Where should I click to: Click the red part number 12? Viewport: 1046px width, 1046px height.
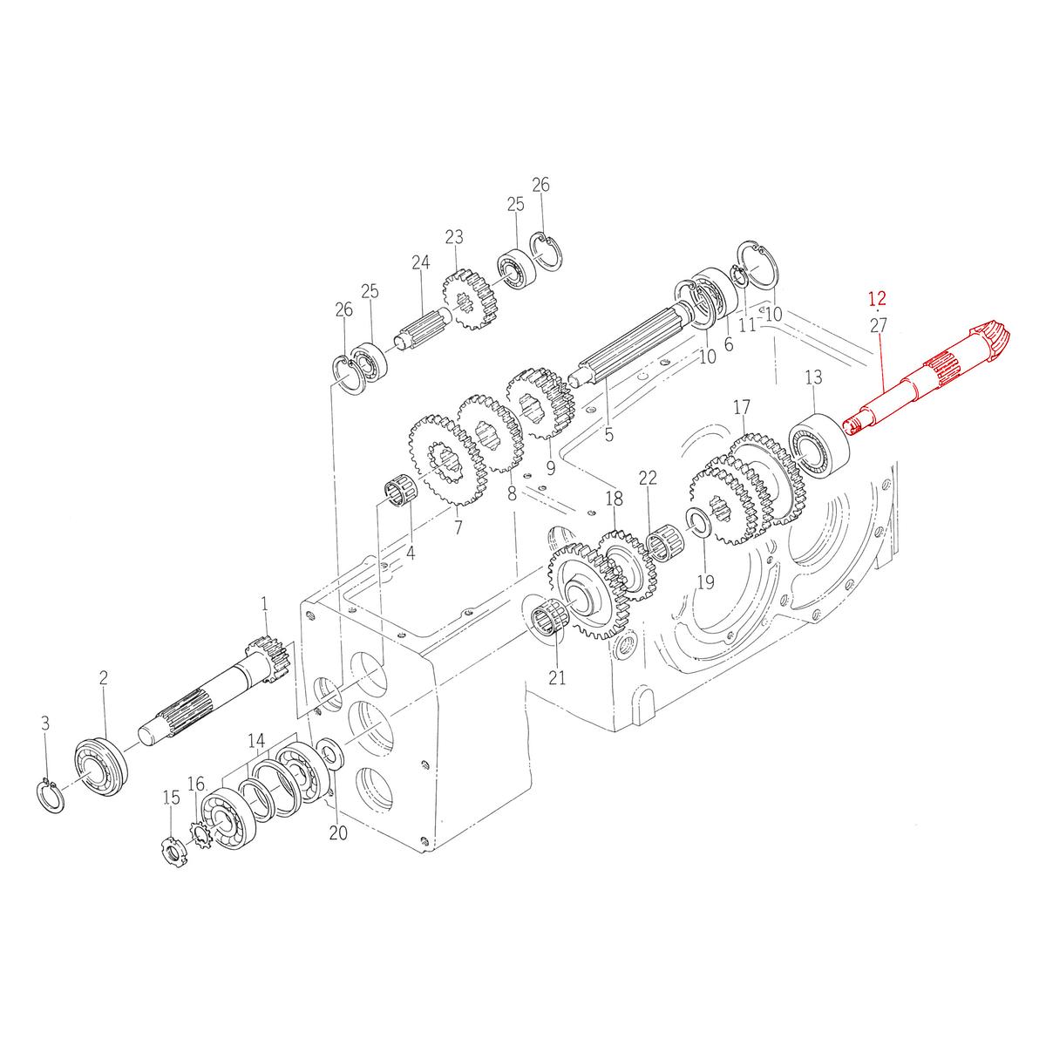click(x=877, y=299)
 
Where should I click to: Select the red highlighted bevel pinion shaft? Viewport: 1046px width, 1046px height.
click(x=923, y=379)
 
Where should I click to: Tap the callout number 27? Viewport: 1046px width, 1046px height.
click(x=878, y=326)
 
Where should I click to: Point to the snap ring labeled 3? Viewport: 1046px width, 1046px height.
click(x=51, y=797)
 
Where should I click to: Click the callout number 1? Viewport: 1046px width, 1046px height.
click(x=264, y=604)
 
